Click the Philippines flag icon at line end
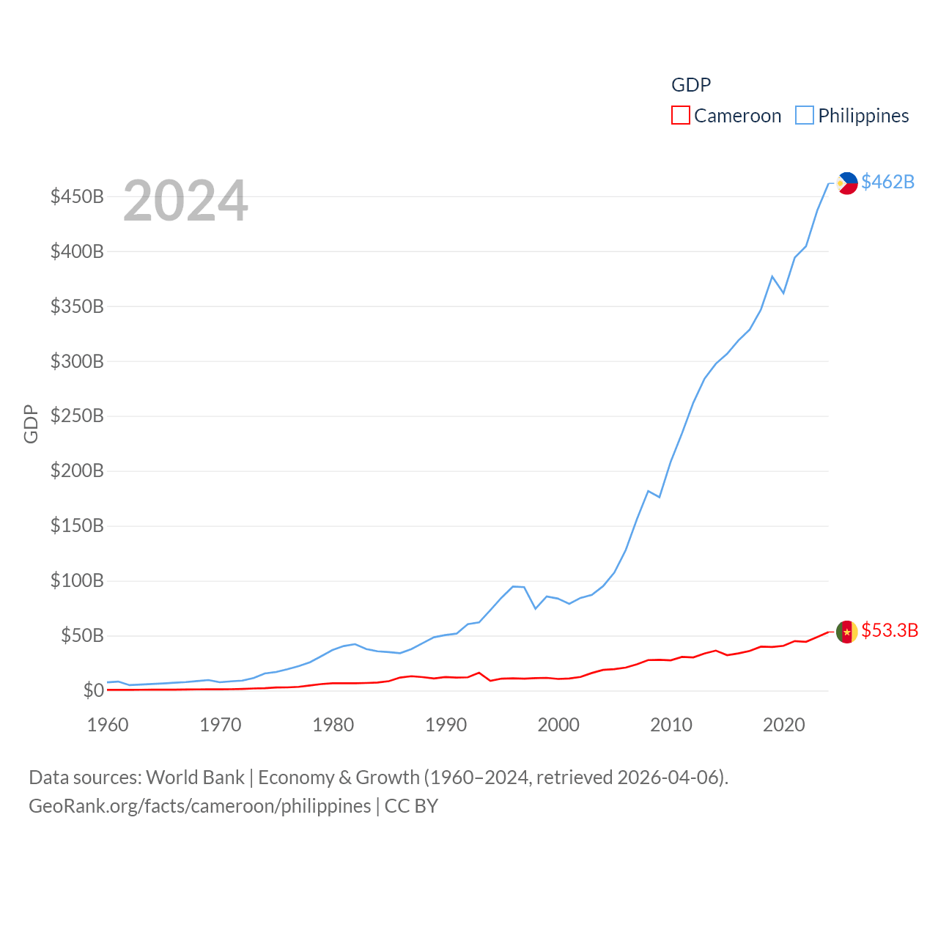tap(847, 183)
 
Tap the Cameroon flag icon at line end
tap(847, 632)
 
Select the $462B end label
tap(887, 182)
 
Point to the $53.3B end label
tap(890, 630)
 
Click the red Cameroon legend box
tap(681, 116)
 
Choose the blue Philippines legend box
tap(805, 116)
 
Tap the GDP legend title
tap(691, 85)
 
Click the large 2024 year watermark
tap(185, 201)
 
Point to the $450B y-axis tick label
tap(77, 196)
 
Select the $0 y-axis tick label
tap(93, 690)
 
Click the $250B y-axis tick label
tap(77, 416)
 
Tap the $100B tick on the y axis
tap(77, 581)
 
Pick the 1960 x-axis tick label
tap(108, 725)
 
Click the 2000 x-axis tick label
tap(558, 725)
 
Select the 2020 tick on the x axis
tap(784, 725)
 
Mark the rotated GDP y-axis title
tap(31, 424)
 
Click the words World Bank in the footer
tap(195, 778)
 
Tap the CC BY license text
tap(411, 806)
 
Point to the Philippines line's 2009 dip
tap(660, 497)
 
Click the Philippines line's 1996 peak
tap(513, 586)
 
